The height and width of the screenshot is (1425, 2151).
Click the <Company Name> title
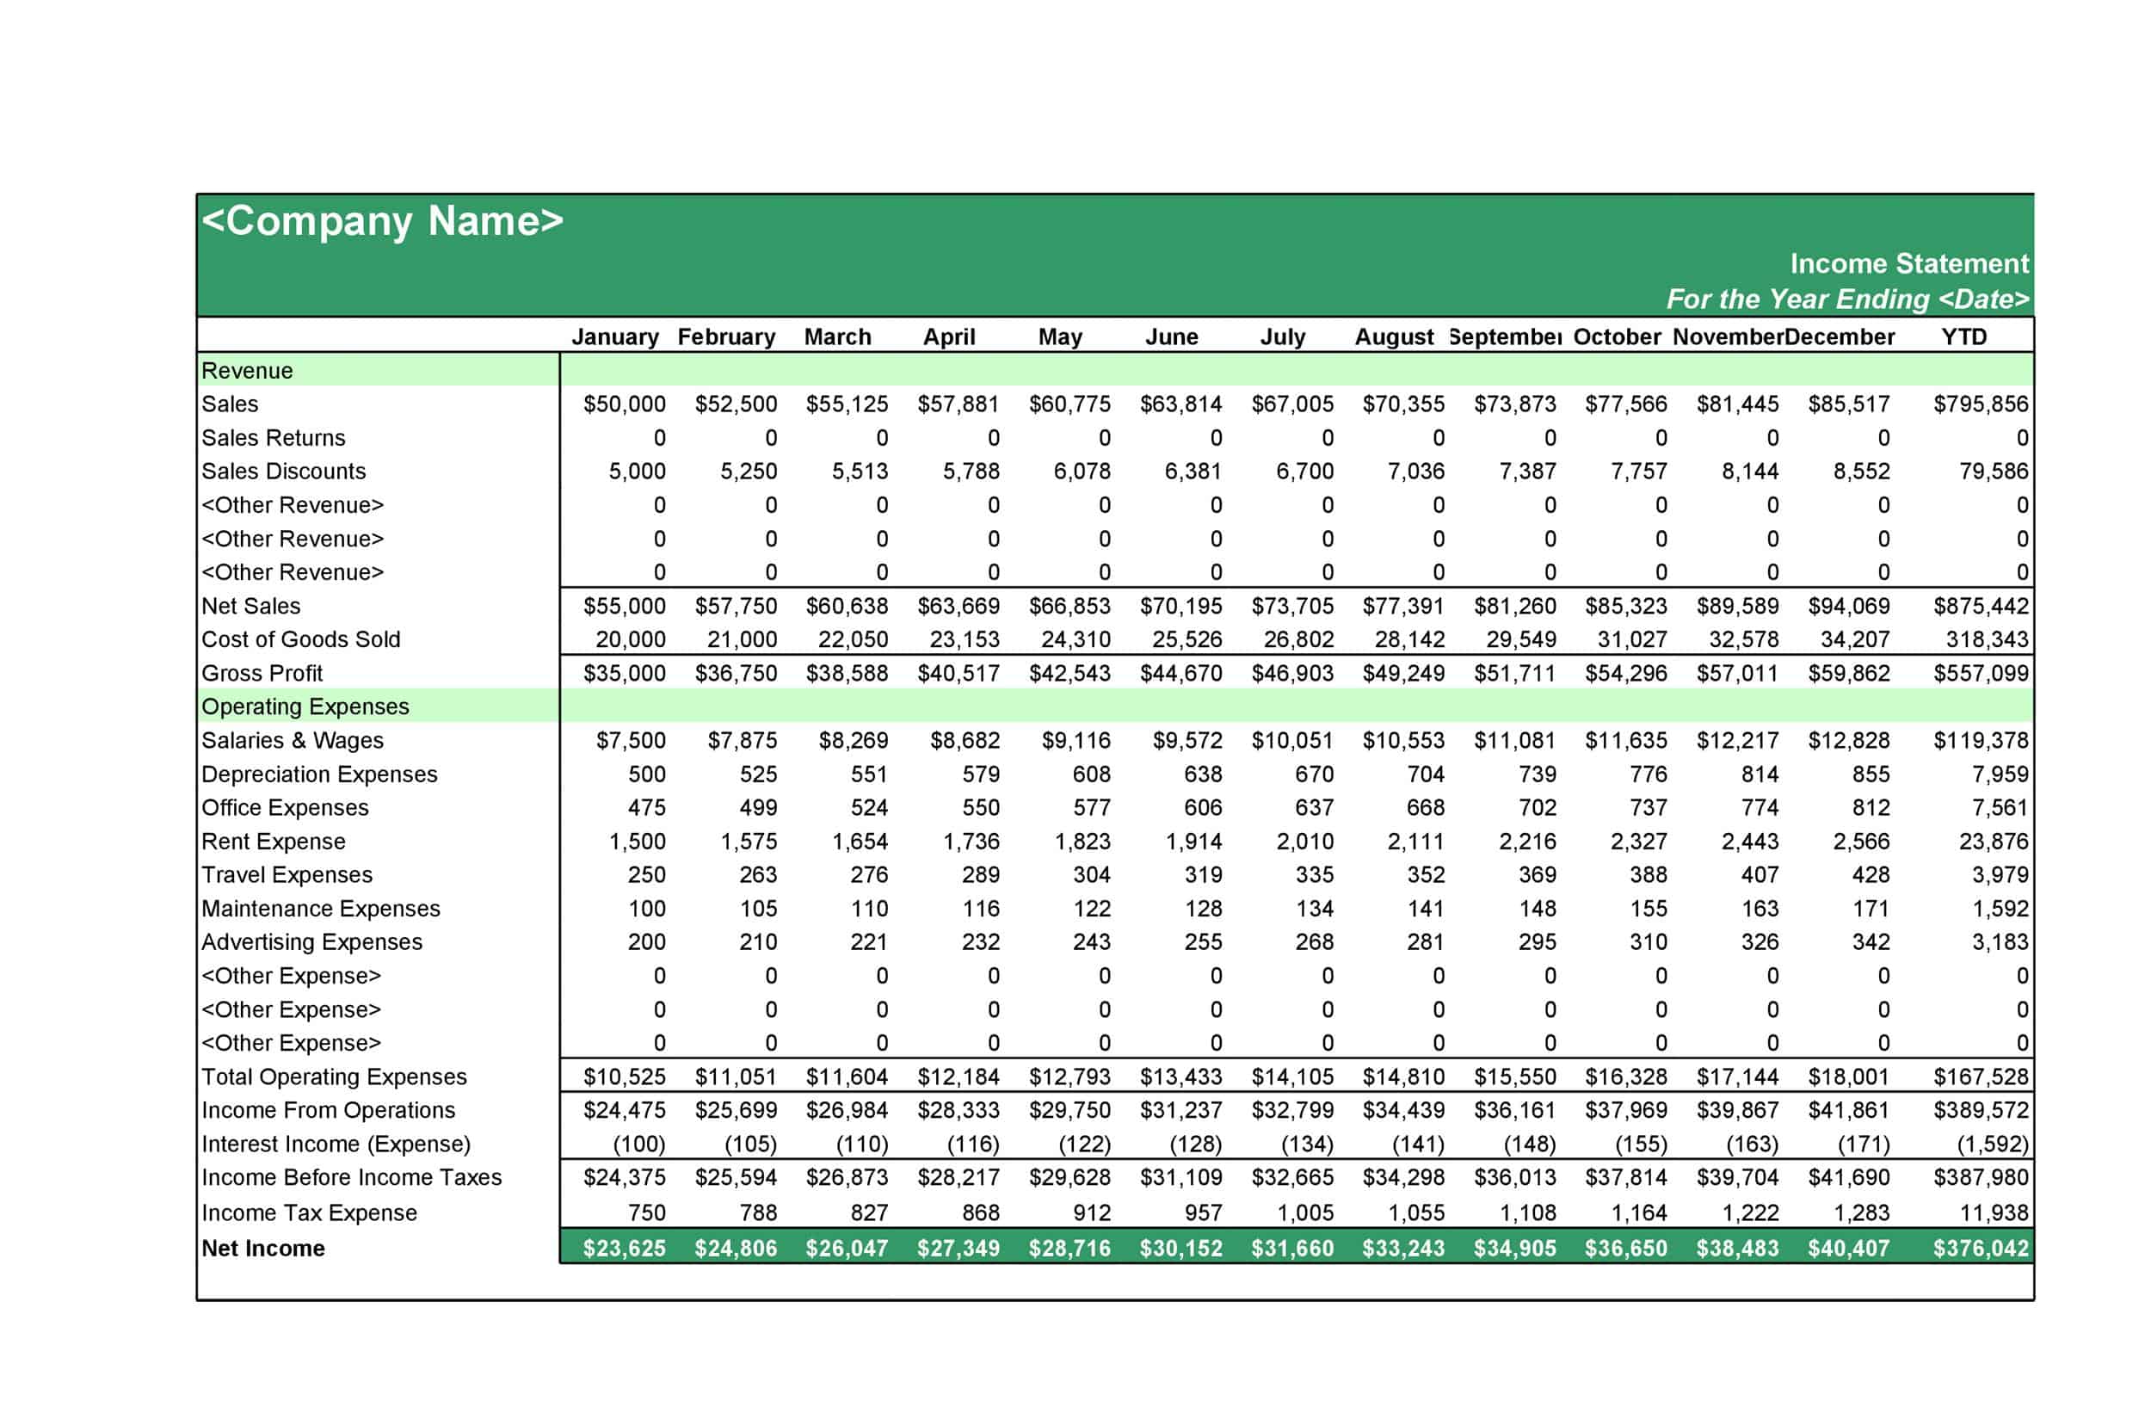[382, 221]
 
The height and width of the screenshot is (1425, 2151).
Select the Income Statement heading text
[1908, 263]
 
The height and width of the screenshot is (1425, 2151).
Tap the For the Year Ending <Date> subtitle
[1846, 299]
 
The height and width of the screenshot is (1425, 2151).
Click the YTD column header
[1963, 337]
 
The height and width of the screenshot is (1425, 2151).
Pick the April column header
[949, 337]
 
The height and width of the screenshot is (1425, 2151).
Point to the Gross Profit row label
[262, 674]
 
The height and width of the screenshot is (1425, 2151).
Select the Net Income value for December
[1847, 1249]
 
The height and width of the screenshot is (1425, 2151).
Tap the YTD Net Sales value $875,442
[1979, 606]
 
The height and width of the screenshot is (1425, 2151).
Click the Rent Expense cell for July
[1304, 842]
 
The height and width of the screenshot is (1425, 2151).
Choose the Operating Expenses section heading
[305, 707]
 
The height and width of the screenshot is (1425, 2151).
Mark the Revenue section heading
[247, 371]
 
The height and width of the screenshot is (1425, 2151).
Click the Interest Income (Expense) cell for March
[860, 1144]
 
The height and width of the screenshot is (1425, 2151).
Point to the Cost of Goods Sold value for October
[1631, 640]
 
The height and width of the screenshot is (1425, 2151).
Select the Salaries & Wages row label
[293, 741]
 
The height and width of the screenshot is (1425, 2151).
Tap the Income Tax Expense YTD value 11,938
[1993, 1213]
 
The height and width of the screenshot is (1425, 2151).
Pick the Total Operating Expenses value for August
[1402, 1077]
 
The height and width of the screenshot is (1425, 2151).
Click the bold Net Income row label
[263, 1249]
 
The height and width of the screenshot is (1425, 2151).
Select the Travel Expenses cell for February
[757, 875]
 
